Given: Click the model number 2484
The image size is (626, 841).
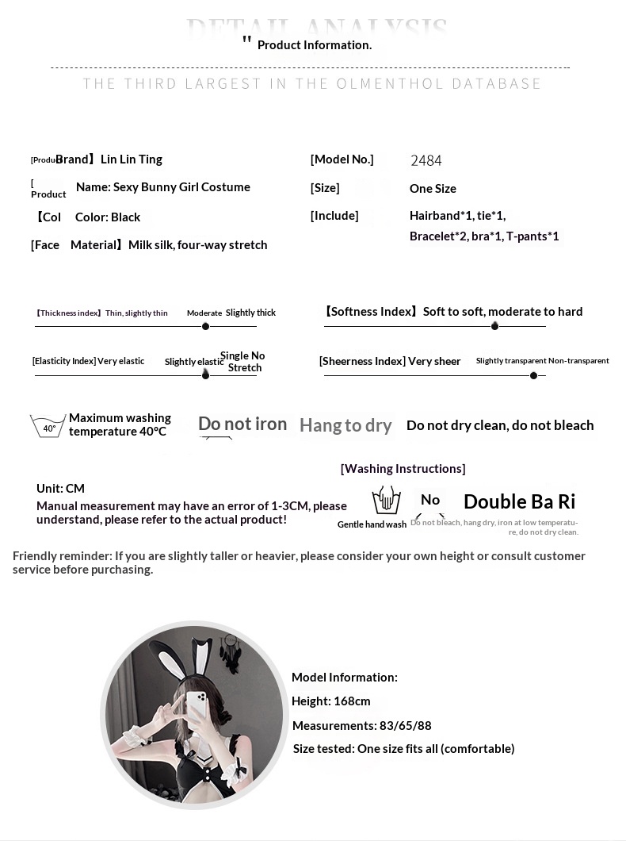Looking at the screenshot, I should point(426,160).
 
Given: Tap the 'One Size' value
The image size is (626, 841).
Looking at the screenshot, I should point(433,189).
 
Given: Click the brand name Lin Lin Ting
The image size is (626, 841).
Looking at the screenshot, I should point(132,159).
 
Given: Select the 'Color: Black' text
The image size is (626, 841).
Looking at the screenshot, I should point(108,217).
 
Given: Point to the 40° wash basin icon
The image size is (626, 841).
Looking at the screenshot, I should point(48,426).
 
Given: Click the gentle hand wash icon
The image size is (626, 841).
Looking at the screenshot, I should point(386,501).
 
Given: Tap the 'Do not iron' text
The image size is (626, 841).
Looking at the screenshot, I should point(242,424).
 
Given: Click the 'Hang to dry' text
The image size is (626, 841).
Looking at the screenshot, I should point(345,426).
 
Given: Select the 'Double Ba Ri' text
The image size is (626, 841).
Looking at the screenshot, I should point(519,501).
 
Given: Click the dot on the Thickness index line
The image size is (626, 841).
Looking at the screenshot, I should point(206,326).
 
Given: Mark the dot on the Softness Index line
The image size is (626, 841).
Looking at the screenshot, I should point(494,326).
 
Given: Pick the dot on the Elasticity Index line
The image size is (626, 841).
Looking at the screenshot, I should point(206,374).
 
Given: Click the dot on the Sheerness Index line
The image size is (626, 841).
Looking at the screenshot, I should point(533,375).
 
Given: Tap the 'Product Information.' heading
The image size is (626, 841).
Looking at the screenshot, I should point(314,45).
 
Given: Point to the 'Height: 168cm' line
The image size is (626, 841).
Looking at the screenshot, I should point(331,701).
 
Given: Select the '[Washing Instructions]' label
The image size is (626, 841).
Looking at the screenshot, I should point(403,469).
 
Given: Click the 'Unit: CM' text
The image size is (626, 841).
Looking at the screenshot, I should point(60,489).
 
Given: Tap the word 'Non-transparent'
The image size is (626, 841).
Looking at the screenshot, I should point(578,361).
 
